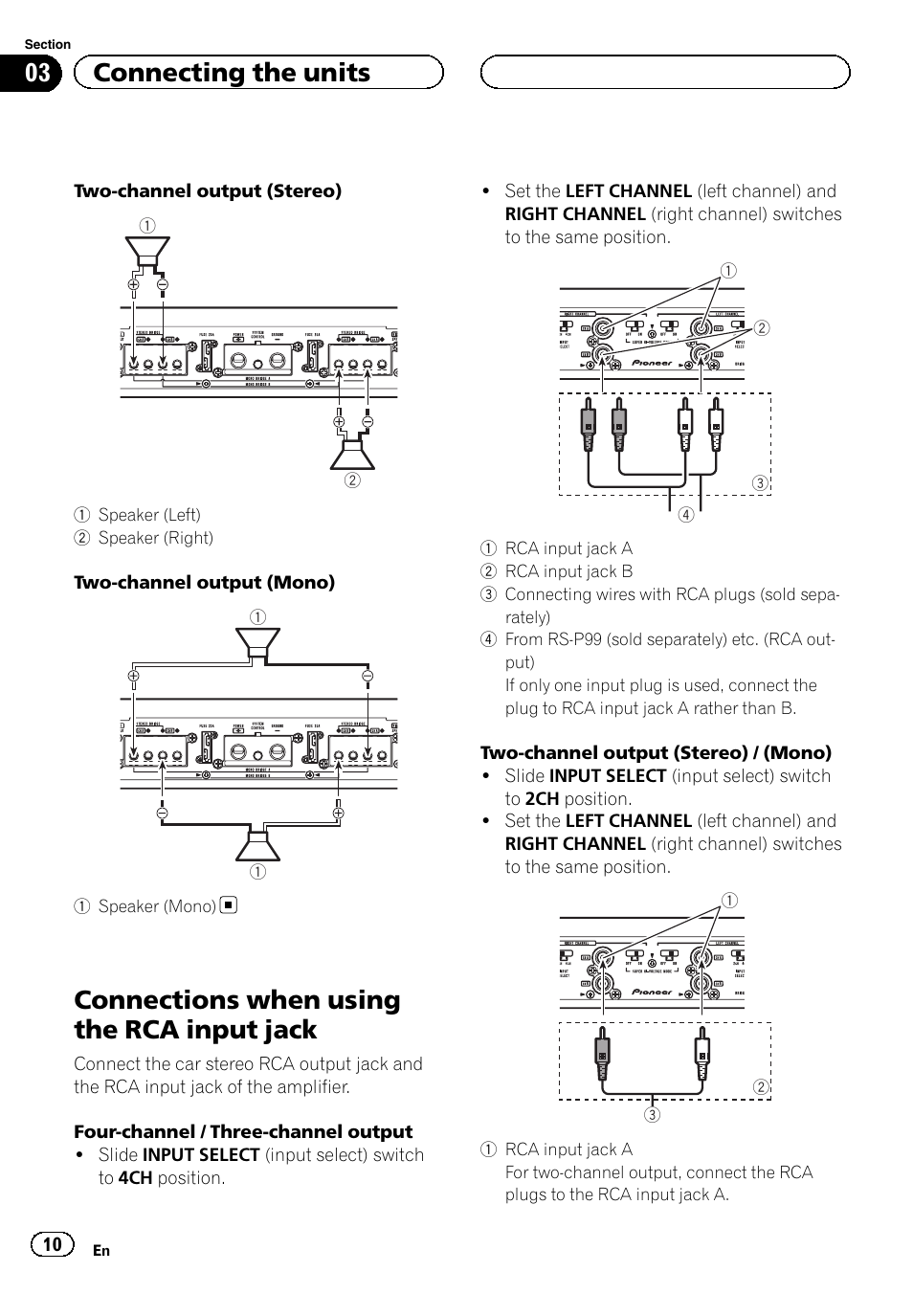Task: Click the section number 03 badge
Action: pyautogui.click(x=36, y=74)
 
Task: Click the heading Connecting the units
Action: pyautogui.click(x=233, y=73)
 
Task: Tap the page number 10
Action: pyautogui.click(x=53, y=1243)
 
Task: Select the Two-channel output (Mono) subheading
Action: pyautogui.click(x=204, y=582)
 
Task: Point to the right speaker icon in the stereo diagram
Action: pyautogui.click(x=352, y=451)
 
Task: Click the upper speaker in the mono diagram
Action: pyautogui.click(x=258, y=644)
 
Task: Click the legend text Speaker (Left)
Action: pyautogui.click(x=149, y=515)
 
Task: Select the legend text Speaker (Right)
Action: pyautogui.click(x=155, y=538)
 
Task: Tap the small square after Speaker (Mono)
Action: pyautogui.click(x=229, y=904)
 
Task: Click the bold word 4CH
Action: pyautogui.click(x=135, y=1178)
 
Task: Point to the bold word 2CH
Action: pyautogui.click(x=542, y=799)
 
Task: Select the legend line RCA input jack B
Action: pyautogui.click(x=568, y=571)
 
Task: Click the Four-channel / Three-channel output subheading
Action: pyautogui.click(x=243, y=1131)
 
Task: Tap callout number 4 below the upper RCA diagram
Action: pyautogui.click(x=685, y=514)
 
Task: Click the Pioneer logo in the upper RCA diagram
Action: pyautogui.click(x=652, y=363)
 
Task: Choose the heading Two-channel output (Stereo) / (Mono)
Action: pyautogui.click(x=656, y=752)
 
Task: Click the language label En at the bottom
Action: pyautogui.click(x=101, y=1250)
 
